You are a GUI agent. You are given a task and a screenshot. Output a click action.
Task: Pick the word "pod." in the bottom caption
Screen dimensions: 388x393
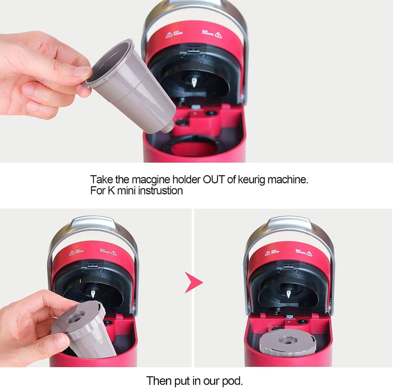point(232,381)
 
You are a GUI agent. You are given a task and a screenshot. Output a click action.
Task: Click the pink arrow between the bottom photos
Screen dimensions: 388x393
point(193,282)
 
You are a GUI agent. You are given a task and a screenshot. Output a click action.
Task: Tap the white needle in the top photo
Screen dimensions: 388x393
point(194,82)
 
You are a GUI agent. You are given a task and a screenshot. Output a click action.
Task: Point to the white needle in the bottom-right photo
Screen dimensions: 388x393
point(288,294)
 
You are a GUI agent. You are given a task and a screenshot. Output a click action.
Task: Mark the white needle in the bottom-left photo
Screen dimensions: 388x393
point(92,293)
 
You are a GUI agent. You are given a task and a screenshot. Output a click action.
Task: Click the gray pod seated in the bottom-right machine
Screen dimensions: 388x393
point(287,342)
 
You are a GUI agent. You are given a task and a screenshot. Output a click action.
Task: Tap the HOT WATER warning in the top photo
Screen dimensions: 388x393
point(174,35)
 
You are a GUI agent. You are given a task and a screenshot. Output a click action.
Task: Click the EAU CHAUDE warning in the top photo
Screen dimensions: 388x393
point(212,35)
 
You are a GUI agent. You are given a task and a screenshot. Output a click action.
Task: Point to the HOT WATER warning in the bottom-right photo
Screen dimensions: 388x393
point(272,253)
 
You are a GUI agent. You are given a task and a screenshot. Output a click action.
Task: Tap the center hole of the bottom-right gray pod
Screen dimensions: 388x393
point(287,340)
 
